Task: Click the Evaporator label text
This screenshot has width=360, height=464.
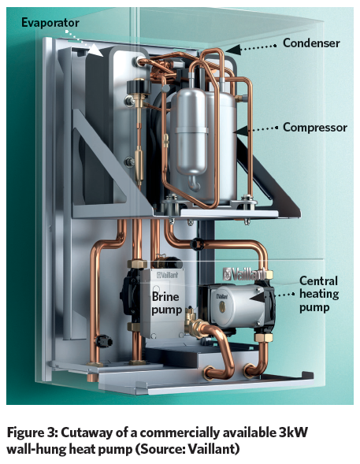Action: point(50,23)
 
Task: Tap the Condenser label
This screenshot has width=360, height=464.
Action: point(311,43)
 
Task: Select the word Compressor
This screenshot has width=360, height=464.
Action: point(315,128)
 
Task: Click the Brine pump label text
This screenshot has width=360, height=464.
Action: point(166,303)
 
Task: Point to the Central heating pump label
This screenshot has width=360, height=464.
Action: point(319,294)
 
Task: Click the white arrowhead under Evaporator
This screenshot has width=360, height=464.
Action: point(96,50)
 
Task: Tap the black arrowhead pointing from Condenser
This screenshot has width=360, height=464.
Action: point(233,50)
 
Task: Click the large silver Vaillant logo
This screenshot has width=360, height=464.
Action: point(245,274)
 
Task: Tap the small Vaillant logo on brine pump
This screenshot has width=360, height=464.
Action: point(168,275)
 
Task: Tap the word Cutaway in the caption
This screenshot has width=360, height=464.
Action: point(84,433)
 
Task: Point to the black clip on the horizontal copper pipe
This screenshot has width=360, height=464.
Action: point(196,244)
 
